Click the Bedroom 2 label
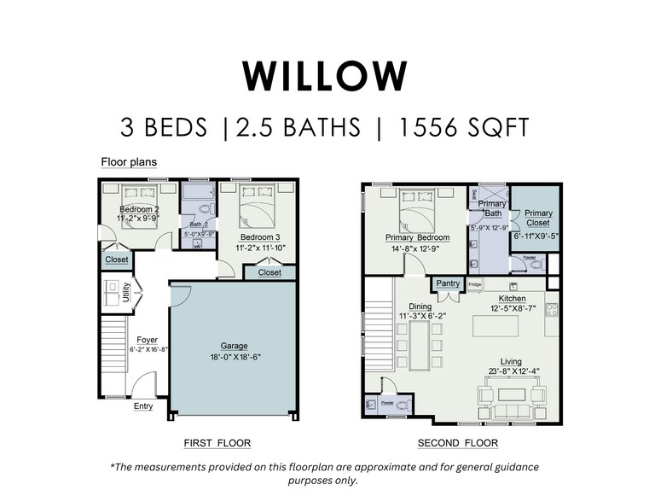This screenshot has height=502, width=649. [x=139, y=209]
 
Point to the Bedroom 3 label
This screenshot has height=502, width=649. [x=259, y=236]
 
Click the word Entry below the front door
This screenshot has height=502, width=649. [x=143, y=406]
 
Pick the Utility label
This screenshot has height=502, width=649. [x=126, y=293]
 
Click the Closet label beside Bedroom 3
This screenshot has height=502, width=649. [x=269, y=272]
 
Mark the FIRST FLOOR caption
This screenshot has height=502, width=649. [x=217, y=443]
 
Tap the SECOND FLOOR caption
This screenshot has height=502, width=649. [x=457, y=443]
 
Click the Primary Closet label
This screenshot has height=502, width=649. [x=538, y=218]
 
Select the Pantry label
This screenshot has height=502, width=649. [x=448, y=283]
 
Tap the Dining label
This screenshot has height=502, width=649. [x=420, y=306]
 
